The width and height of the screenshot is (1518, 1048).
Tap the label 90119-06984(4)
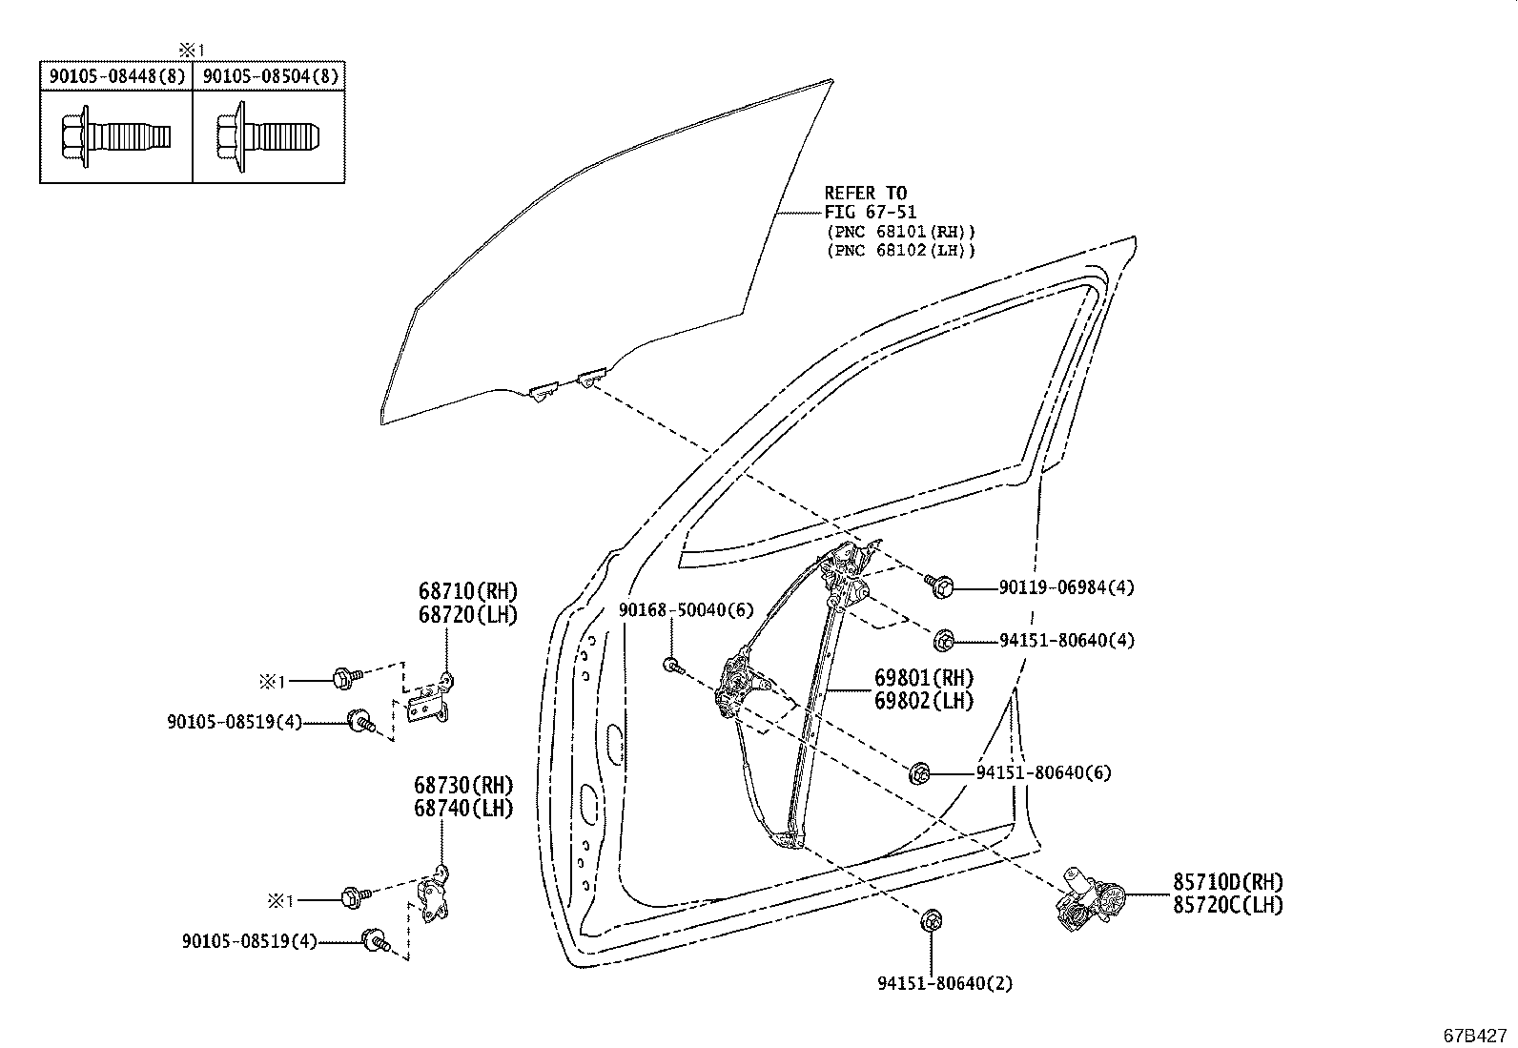(1066, 588)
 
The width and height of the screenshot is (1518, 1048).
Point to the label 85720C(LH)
(1227, 905)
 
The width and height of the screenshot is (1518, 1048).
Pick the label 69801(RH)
(923, 678)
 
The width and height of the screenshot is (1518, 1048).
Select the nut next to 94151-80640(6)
(920, 773)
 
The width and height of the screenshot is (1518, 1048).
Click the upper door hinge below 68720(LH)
(430, 703)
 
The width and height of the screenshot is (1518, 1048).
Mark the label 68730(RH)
(463, 786)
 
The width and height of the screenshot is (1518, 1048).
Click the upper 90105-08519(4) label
(235, 722)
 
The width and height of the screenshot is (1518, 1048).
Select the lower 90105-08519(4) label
(249, 941)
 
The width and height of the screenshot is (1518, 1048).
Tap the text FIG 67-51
(870, 213)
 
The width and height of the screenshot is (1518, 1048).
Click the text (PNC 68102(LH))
(900, 251)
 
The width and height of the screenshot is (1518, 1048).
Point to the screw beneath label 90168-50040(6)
(672, 665)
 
